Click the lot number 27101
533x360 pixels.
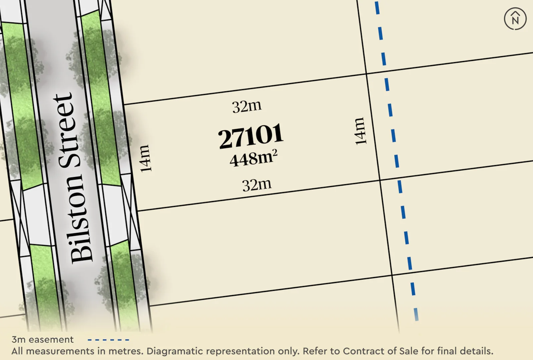(251, 136)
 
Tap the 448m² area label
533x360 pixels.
(253, 158)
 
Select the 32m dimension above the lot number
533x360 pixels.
(247, 107)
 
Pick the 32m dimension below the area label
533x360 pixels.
(257, 185)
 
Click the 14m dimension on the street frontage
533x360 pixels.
(145, 158)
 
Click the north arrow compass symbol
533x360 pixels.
(515, 19)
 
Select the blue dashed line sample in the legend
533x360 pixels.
(108, 340)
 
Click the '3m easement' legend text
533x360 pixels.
(42, 340)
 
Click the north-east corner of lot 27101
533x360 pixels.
(366, 74)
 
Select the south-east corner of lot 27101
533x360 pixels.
(380, 180)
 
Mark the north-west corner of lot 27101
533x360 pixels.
(124, 105)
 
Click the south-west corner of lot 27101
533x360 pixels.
(137, 211)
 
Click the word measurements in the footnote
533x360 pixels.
(60, 351)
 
